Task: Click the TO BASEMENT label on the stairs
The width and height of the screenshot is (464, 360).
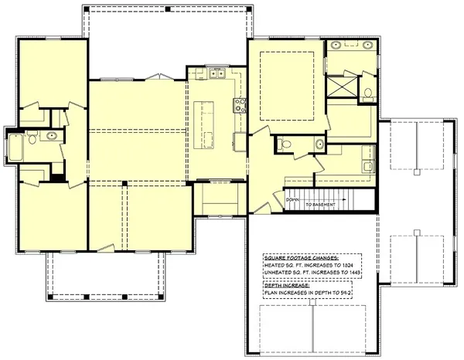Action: (319, 204)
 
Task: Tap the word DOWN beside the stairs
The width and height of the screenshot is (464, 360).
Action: (292, 199)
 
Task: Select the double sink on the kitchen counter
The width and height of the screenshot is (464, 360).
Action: (214, 74)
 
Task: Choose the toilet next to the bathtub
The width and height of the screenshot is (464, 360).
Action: (31, 138)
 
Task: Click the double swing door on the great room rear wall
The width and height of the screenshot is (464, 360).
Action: (160, 76)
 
